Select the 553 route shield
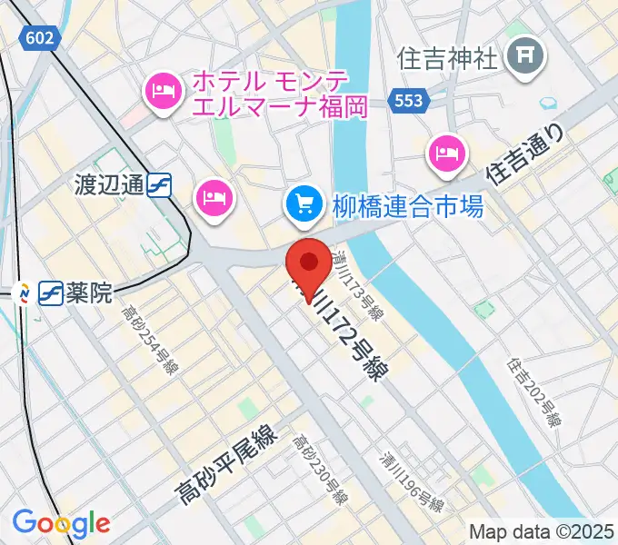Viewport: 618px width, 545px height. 408,100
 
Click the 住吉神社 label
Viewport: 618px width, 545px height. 448,58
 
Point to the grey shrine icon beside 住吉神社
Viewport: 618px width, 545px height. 525,58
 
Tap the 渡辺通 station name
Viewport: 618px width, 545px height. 109,185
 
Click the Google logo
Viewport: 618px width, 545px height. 61,524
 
